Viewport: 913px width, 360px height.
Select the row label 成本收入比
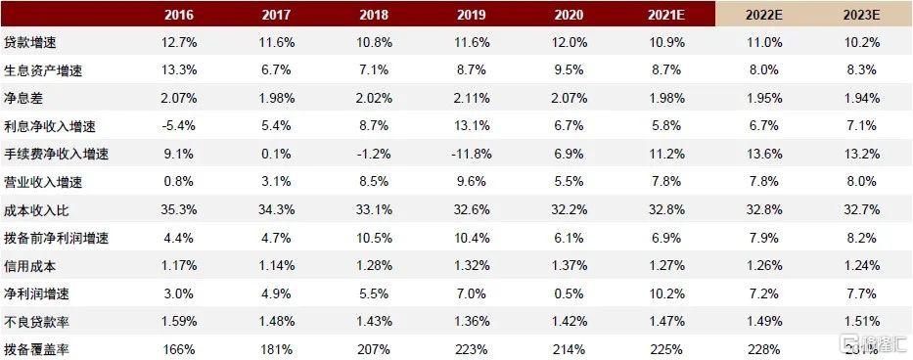point(33,209)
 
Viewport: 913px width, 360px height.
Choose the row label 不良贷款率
point(33,319)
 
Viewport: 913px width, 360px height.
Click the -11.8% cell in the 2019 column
point(472,154)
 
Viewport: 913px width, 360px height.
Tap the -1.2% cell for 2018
point(374,154)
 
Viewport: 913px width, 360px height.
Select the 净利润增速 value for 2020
point(569,292)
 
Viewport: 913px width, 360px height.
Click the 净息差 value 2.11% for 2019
point(472,99)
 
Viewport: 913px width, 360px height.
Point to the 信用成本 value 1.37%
point(569,264)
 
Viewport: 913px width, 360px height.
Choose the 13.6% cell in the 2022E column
point(763,154)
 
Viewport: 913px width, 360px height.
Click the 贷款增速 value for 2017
point(276,44)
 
